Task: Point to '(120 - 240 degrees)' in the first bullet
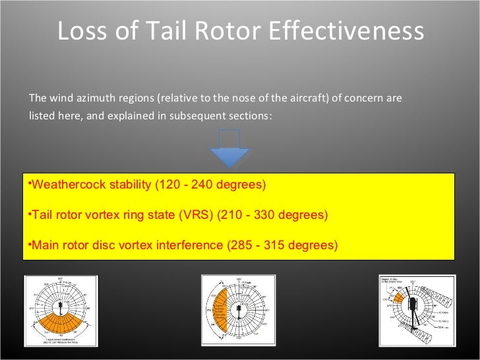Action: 210,185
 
